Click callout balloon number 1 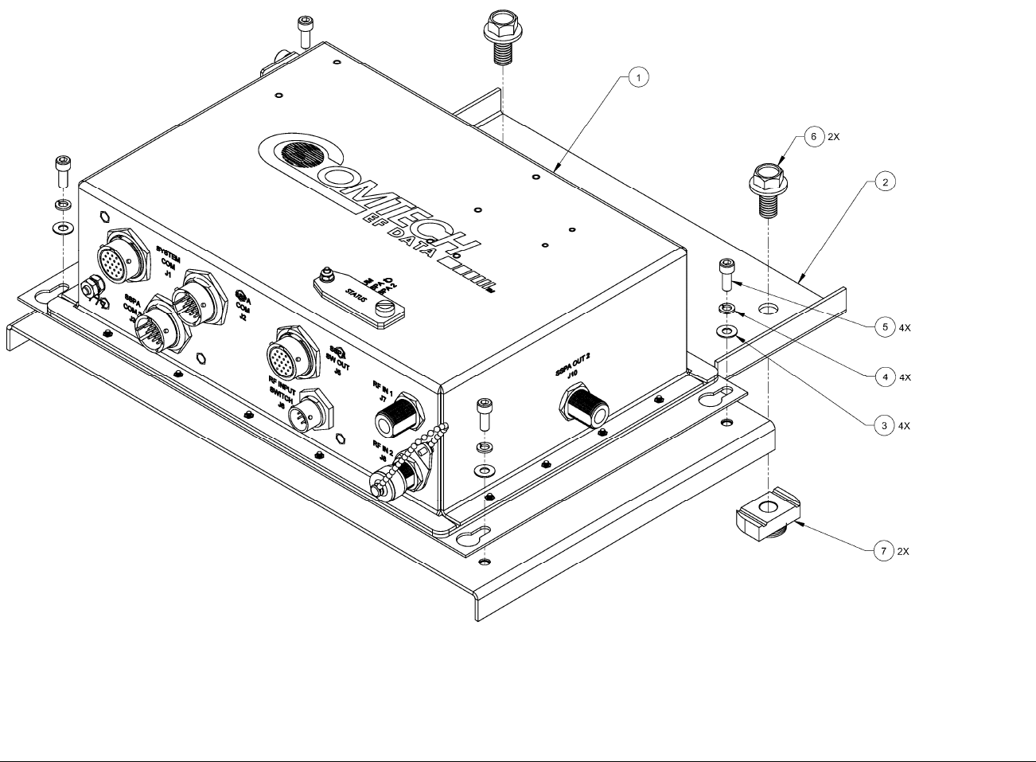coord(638,76)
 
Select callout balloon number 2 coord(883,182)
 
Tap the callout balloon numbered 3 coord(883,426)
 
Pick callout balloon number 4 coord(883,377)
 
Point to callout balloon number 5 coord(883,326)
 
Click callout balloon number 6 coord(813,137)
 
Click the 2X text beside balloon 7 coord(903,551)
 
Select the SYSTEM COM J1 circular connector coord(123,258)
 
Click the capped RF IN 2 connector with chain coord(396,475)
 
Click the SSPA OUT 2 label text coord(578,372)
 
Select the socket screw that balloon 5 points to coord(726,275)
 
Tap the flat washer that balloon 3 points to coord(726,330)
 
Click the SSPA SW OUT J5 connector coord(290,354)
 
